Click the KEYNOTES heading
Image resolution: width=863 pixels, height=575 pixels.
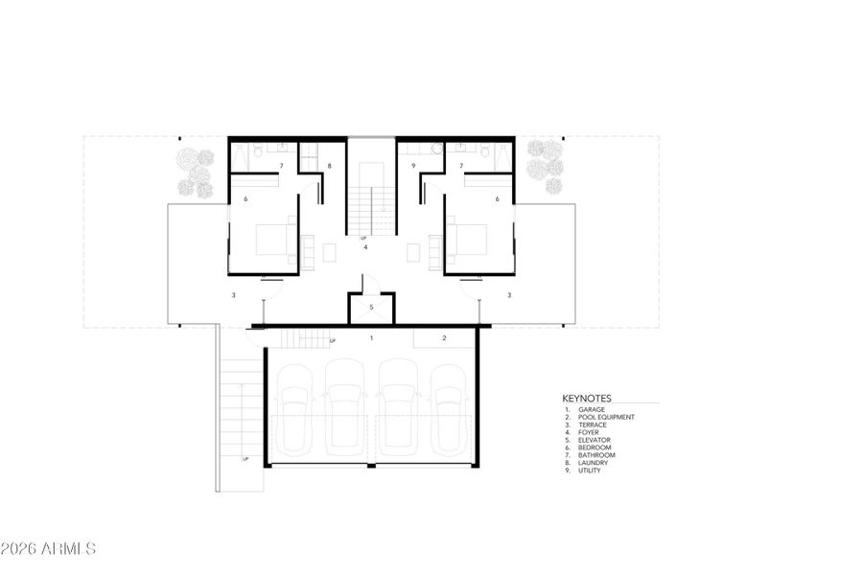tap(587, 398)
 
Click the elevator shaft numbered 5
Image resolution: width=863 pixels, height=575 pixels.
tap(371, 308)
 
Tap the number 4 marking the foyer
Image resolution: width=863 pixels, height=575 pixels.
tap(365, 247)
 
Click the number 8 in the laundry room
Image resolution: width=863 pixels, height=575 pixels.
tap(329, 167)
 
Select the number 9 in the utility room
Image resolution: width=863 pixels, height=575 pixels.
tap(413, 167)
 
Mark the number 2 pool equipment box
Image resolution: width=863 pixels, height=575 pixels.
tap(444, 337)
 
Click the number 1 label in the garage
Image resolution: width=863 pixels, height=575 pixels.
tap(372, 337)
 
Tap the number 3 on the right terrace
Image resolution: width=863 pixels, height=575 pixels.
tap(509, 295)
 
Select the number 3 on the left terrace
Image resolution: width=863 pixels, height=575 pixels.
tap(233, 295)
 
